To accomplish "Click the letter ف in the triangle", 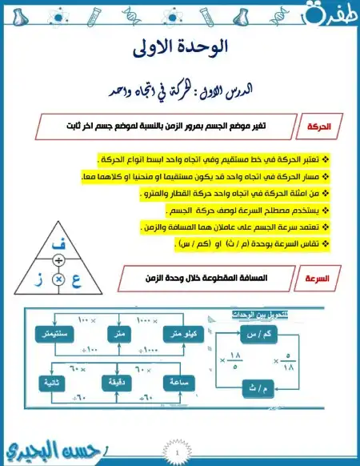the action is coord(58,242).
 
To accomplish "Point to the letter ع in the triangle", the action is coord(76,278).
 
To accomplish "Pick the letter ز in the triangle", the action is coord(40,278).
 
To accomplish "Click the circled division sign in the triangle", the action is coord(58,262).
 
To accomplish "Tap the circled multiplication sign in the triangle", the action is coord(58,278).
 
